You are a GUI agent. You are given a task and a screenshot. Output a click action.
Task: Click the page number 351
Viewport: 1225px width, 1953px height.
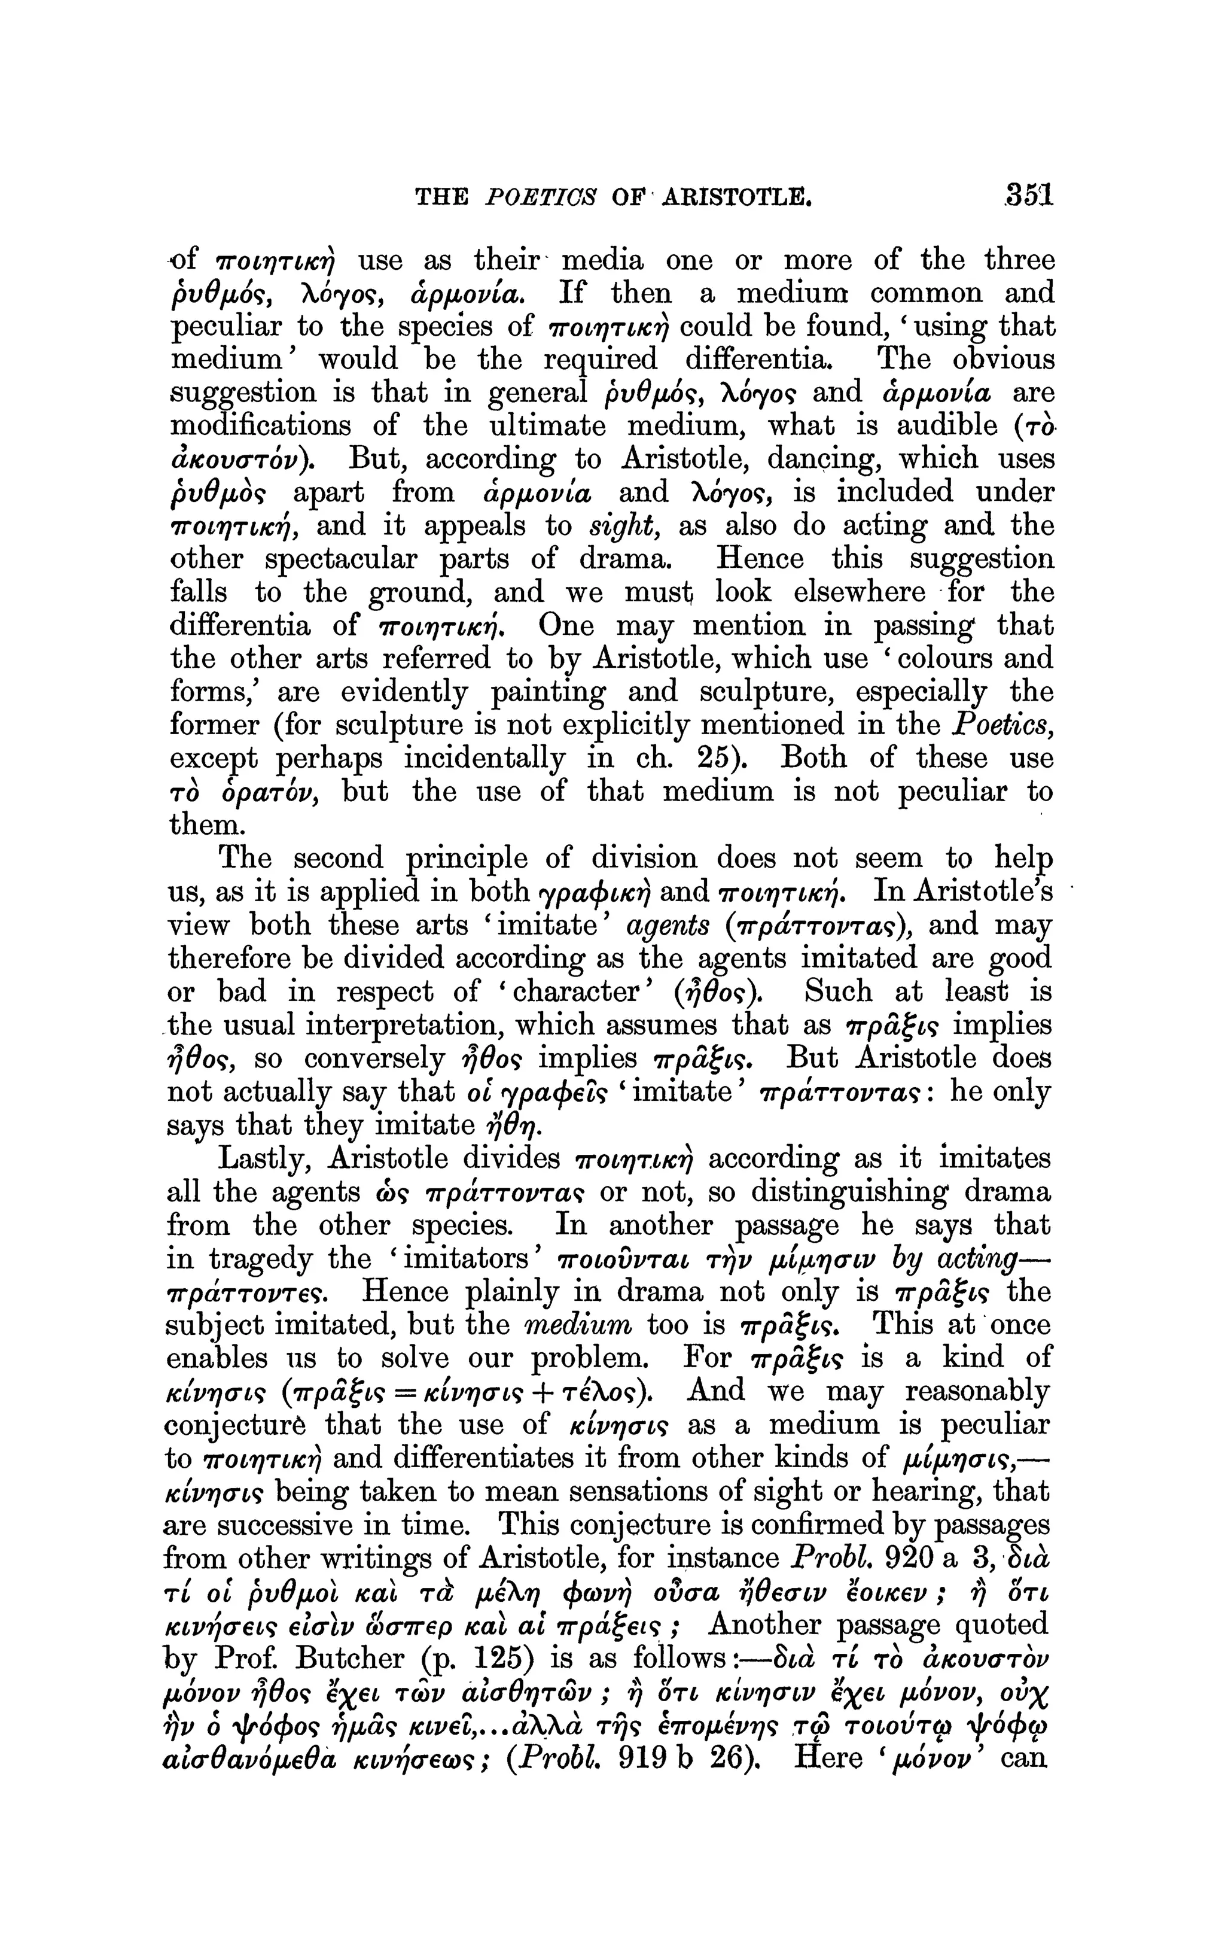(1028, 196)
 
